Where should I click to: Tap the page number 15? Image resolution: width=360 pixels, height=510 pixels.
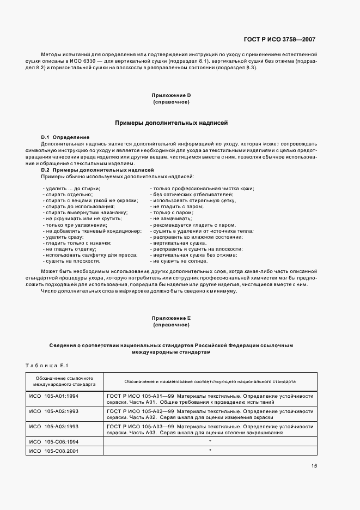pyautogui.click(x=314, y=465)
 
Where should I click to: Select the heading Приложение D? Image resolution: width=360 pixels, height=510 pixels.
pyautogui.click(x=171, y=95)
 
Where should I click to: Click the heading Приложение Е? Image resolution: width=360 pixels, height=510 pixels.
pyautogui.click(x=171, y=318)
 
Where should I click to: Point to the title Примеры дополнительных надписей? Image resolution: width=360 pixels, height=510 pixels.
pyautogui.click(x=171, y=123)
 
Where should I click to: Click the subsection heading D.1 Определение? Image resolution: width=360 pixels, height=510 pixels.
pyautogui.click(x=65, y=137)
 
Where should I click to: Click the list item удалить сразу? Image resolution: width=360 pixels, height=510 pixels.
pyautogui.click(x=64, y=237)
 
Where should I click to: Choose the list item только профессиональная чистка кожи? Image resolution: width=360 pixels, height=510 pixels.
pyautogui.click(x=203, y=189)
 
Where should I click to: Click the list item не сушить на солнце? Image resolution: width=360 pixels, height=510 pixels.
pyautogui.click(x=180, y=261)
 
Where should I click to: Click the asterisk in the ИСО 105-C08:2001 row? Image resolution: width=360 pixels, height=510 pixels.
pyautogui.click(x=210, y=451)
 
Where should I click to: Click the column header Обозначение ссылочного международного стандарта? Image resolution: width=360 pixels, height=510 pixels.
pyautogui.click(x=63, y=380)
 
